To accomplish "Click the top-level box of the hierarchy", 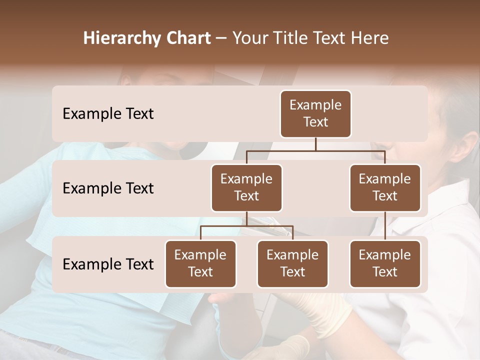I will click(x=315, y=114).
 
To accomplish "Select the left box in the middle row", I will click(x=246, y=188).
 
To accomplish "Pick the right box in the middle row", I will click(x=385, y=188).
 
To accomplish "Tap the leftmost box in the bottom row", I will click(x=200, y=264).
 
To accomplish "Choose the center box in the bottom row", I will click(x=292, y=264).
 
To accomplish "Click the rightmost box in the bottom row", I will click(x=385, y=264).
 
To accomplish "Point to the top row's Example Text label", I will click(x=108, y=114).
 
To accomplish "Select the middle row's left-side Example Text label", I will click(x=108, y=188).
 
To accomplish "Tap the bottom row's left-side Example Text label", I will click(x=108, y=264).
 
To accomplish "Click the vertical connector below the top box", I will click(x=315, y=144).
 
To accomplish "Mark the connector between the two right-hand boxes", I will click(x=385, y=226).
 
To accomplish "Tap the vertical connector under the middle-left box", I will click(x=246, y=219).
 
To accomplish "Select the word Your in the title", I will click(x=251, y=38).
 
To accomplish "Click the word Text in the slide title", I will click(x=330, y=38).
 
